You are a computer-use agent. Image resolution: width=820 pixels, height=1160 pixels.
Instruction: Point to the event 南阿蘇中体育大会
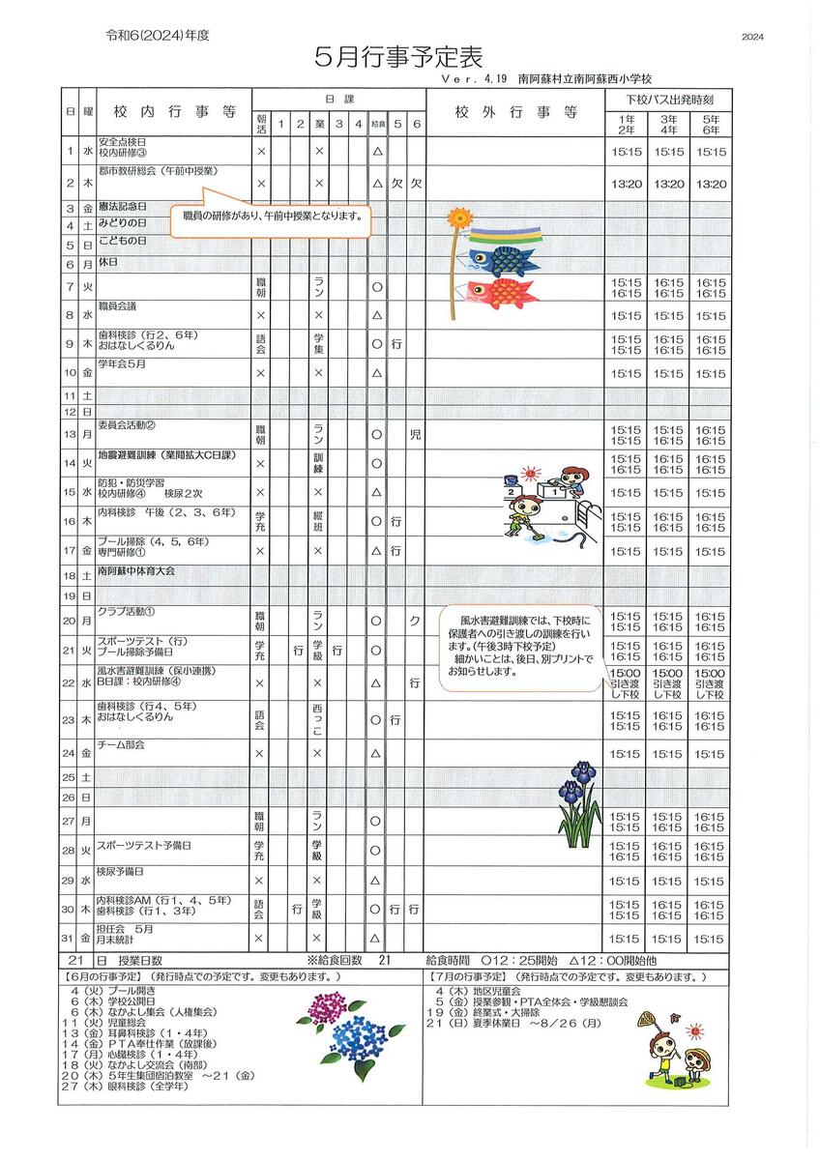(149, 572)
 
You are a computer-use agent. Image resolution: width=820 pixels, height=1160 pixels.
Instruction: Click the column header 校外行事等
(514, 112)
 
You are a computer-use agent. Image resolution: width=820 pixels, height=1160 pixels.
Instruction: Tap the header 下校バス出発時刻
(669, 99)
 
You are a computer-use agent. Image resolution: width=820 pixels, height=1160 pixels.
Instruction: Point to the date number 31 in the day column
(70, 939)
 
